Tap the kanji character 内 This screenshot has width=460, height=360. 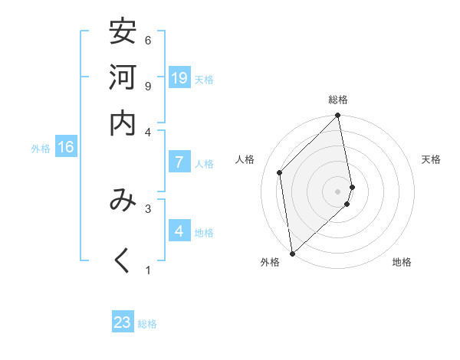point(123,123)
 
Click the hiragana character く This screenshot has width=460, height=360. point(123,260)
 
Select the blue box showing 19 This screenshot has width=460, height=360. point(179,77)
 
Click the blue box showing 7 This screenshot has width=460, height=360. point(179,162)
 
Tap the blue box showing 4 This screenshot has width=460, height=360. point(179,231)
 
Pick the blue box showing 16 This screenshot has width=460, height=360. point(66,147)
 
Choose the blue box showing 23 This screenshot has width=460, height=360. point(123,322)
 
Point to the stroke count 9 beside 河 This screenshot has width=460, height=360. point(148,86)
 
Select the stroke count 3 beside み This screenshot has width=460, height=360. point(148,208)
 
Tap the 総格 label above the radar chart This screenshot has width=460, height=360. point(338,100)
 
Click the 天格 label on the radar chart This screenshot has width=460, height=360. point(431,159)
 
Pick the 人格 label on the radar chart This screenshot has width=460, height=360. point(245,159)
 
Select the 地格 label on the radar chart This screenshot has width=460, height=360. point(402,263)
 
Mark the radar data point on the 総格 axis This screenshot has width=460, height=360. point(338,116)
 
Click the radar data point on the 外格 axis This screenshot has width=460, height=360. point(292,254)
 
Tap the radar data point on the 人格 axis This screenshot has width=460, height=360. point(280,172)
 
